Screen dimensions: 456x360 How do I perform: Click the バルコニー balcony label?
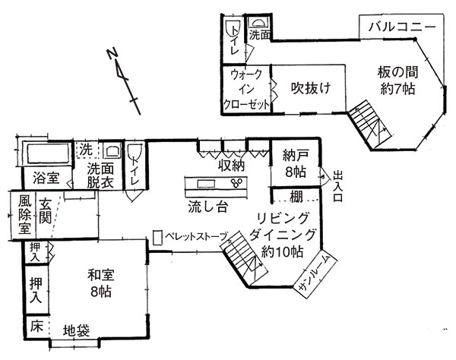(402, 27)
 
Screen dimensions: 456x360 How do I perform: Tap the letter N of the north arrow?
(112, 54)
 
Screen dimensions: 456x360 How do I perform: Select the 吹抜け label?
(311, 88)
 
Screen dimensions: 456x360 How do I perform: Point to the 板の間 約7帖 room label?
(397, 81)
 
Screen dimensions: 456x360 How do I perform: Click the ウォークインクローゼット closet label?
(246, 89)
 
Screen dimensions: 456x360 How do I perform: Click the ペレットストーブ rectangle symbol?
(157, 238)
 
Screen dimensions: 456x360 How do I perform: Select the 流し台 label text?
(207, 207)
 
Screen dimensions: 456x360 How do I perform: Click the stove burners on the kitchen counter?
(236, 182)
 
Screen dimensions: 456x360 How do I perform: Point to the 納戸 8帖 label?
(295, 164)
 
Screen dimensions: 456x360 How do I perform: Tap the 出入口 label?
(338, 187)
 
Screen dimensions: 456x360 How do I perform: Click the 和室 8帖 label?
(101, 283)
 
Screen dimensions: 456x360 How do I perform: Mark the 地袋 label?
(77, 330)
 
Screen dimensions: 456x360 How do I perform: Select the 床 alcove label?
(36, 326)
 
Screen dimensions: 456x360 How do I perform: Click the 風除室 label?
(24, 214)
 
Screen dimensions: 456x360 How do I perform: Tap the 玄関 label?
(46, 210)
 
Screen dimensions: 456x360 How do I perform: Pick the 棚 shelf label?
(296, 197)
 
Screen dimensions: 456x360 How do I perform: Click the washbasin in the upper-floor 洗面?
(258, 24)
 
